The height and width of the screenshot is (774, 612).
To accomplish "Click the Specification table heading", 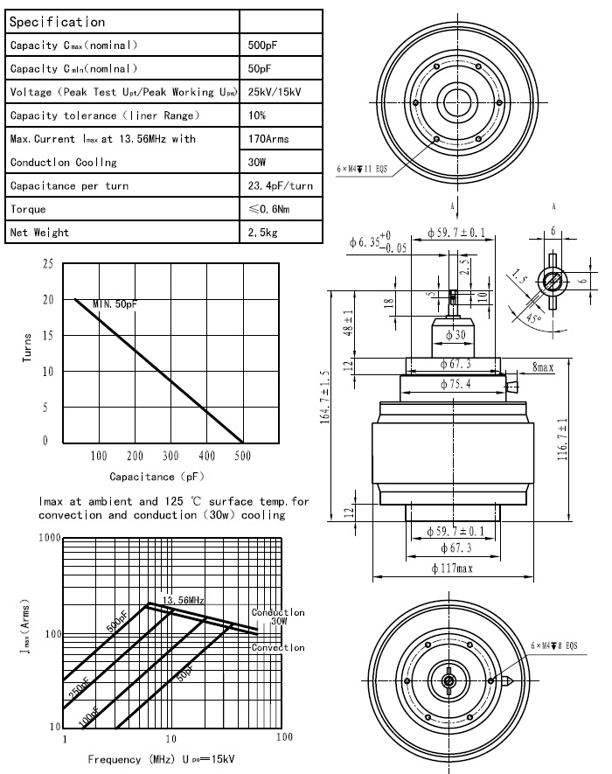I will (57, 22).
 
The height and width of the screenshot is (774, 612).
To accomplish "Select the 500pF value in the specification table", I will (261, 45).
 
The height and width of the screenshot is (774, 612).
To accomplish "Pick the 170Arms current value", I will (269, 139).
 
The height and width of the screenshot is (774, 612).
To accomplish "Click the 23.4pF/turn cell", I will (280, 186).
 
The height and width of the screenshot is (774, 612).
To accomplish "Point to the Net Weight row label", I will (39, 233).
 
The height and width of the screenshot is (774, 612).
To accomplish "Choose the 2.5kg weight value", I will (262, 233).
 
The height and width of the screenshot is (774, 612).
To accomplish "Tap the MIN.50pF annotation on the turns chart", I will (115, 303).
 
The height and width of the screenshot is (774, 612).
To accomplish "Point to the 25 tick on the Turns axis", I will (47, 263).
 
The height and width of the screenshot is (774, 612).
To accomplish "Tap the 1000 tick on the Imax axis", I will (50, 537).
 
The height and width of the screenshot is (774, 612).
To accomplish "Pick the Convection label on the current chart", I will (278, 647).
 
